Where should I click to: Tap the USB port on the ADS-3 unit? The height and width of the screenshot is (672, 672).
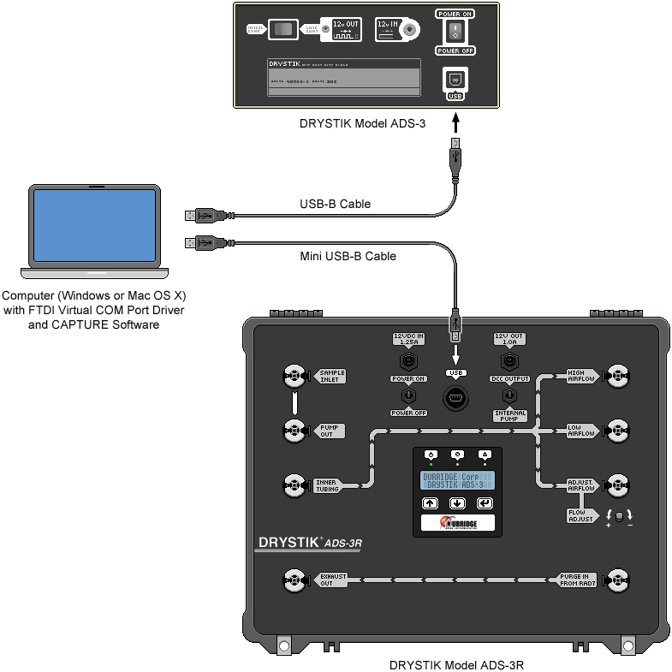click(455, 78)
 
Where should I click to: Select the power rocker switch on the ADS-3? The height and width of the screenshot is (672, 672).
click(455, 33)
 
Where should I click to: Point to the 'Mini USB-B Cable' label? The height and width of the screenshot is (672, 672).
click(348, 255)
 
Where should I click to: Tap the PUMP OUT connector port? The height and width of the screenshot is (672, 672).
click(294, 430)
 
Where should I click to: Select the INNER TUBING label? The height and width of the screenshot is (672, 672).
click(326, 485)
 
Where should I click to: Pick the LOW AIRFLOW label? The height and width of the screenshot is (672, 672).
click(580, 430)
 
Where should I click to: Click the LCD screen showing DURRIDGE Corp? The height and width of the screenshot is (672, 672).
click(457, 480)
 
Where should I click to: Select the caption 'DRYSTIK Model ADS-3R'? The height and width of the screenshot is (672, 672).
click(456, 664)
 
